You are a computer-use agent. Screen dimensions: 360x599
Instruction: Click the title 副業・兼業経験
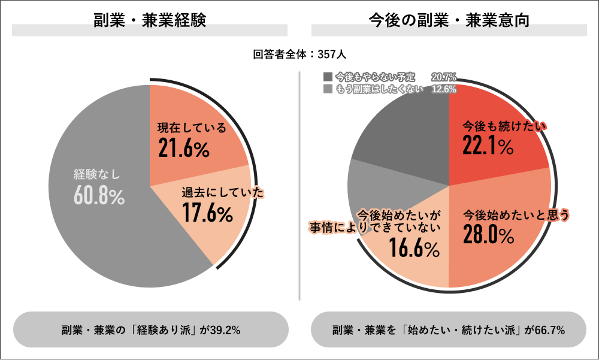(150, 20)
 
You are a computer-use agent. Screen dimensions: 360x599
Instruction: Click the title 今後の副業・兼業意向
(449, 20)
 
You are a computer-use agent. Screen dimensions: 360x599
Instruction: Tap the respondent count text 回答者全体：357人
(299, 55)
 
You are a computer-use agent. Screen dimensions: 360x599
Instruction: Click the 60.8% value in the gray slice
(99, 196)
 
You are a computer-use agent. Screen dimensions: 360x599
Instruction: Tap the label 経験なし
(97, 174)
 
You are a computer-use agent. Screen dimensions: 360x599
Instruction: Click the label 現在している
(192, 128)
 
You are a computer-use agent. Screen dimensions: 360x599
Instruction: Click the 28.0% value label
(489, 235)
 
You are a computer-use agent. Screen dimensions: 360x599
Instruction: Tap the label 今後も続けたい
(505, 126)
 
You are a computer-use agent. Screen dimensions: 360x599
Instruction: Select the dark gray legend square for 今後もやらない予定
(327, 77)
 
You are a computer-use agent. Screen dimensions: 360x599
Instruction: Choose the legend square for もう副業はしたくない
(327, 89)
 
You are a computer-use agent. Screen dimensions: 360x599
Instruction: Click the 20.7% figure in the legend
(443, 77)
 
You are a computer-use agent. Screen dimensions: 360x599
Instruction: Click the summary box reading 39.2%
(150, 329)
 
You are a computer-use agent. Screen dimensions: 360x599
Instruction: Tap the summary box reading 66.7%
(449, 329)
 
